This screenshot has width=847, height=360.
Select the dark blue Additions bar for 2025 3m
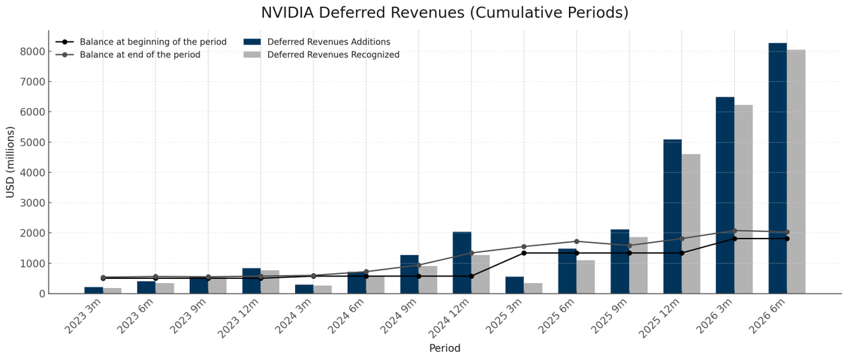(515, 285)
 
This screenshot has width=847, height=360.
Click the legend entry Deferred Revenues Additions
(328, 42)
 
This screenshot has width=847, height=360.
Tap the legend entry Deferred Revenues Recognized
(333, 54)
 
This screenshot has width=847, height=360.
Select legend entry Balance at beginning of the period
(152, 42)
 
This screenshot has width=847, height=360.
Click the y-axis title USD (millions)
(11, 162)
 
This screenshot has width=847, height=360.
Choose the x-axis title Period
(445, 348)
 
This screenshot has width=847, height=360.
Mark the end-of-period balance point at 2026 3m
(734, 231)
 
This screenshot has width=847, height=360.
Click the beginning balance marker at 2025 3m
(524, 253)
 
